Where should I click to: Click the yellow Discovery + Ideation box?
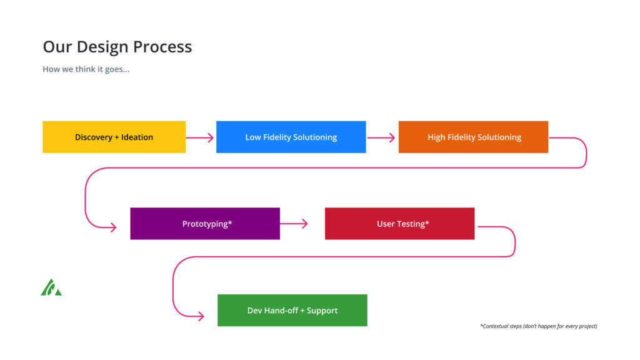click(114, 137)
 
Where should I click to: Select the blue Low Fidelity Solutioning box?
click(291, 137)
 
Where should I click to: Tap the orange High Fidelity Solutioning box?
click(474, 137)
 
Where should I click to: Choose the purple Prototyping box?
click(205, 224)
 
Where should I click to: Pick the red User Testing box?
click(399, 224)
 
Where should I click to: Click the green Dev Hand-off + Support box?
click(292, 310)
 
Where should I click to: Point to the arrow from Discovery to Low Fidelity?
click(199, 138)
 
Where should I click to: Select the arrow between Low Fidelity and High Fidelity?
click(381, 138)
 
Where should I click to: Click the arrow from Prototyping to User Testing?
click(294, 224)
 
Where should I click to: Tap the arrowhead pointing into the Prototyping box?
click(113, 227)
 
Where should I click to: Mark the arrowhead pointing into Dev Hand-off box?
click(201, 316)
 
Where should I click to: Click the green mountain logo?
click(51, 287)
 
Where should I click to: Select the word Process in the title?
click(162, 46)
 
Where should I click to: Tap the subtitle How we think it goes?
click(86, 69)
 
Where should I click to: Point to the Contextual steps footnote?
click(539, 326)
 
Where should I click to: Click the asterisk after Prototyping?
click(230, 222)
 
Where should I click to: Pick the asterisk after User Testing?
click(427, 222)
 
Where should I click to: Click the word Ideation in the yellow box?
click(137, 137)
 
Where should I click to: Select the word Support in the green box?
click(322, 311)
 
